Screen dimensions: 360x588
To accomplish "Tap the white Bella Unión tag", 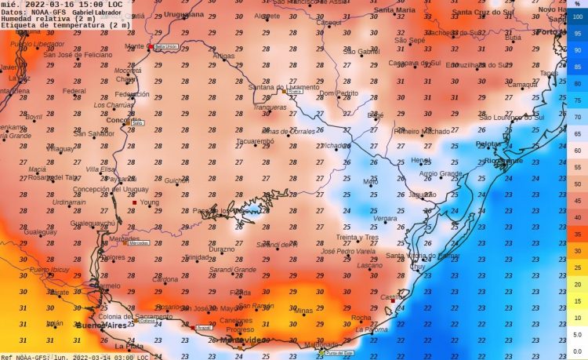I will (x=165, y=47).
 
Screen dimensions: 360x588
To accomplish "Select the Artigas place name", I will (x=223, y=56).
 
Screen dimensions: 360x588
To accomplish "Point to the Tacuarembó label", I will (x=256, y=141).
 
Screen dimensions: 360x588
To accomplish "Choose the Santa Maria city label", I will (x=394, y=10).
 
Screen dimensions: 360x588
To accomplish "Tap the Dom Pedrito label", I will (x=336, y=93).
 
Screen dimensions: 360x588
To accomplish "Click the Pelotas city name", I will (x=488, y=144).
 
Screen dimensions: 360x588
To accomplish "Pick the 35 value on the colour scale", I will (x=577, y=234).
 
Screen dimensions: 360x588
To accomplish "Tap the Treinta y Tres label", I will (x=358, y=237).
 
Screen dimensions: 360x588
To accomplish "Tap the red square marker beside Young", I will (x=134, y=203).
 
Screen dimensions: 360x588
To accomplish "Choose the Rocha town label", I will (x=361, y=318).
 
